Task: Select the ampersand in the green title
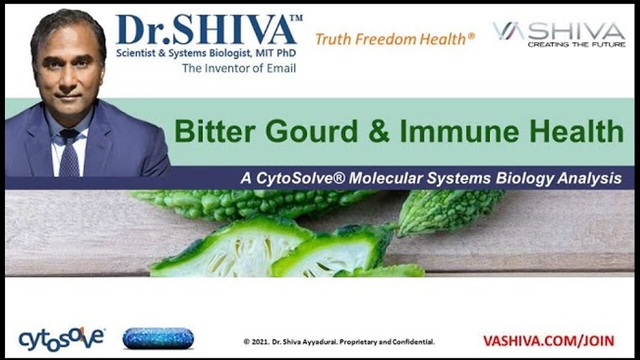point(379,131)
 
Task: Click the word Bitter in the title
point(215,131)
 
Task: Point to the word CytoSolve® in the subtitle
point(300,178)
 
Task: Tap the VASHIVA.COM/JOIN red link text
point(548,341)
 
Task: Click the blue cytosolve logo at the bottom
point(61,339)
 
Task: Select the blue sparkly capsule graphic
point(158,338)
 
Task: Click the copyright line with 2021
point(339,341)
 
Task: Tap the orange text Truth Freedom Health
point(395,39)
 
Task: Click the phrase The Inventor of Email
point(239,68)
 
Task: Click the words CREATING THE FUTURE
point(576,44)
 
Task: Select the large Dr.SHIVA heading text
point(205,30)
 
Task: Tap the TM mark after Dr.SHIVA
point(296,18)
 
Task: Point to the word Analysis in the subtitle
point(589,179)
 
